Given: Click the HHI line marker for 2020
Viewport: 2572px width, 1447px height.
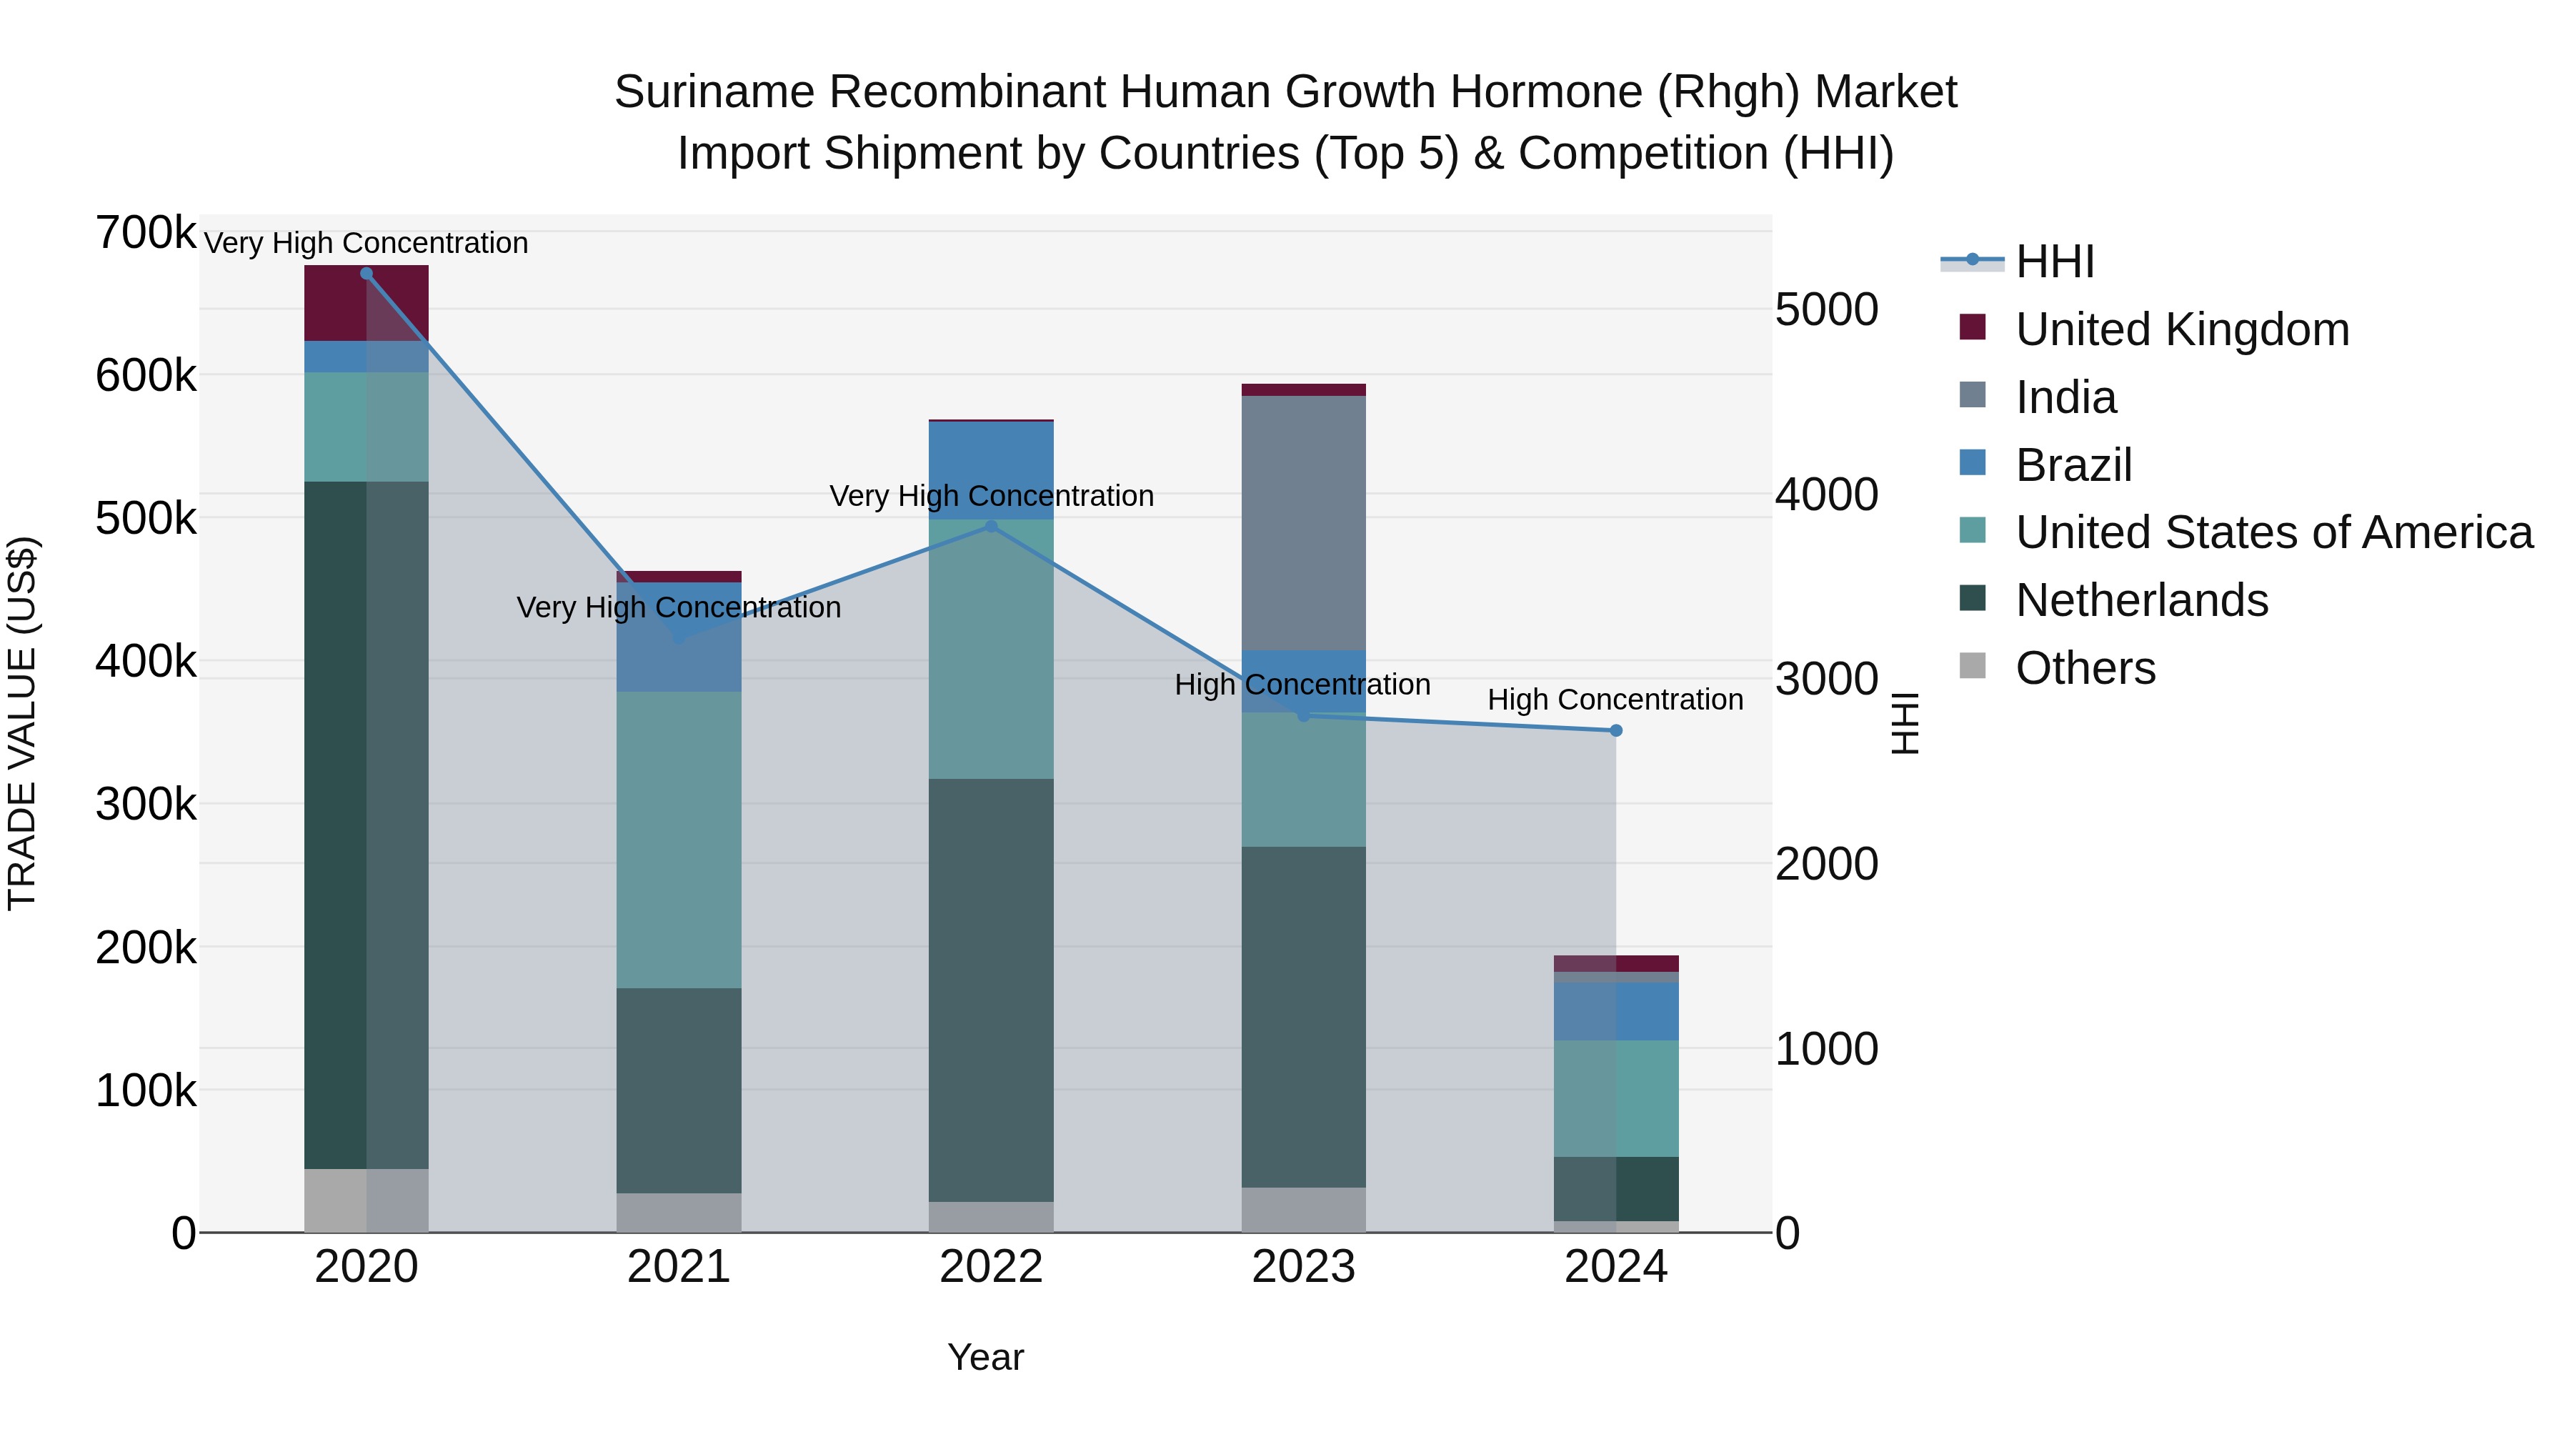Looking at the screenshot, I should coord(367,274).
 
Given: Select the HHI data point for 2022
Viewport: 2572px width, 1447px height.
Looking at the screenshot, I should coord(990,526).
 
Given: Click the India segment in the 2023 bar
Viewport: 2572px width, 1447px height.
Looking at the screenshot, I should coord(1303,523).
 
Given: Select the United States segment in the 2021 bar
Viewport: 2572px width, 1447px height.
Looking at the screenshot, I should coord(678,839).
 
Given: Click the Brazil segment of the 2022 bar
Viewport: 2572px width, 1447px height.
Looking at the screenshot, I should coord(990,469).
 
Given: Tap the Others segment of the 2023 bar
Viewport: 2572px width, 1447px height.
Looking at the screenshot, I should coord(1303,1208).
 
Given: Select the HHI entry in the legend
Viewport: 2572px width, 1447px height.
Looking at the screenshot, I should coord(2054,262).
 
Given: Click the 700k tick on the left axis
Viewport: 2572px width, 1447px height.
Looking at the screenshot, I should coord(146,234).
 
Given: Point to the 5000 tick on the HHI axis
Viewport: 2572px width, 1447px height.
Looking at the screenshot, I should coord(1826,309).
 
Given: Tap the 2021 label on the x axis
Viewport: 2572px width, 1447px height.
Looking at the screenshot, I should coord(678,1267).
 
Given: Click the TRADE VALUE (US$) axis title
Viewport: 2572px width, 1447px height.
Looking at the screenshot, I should coord(23,723).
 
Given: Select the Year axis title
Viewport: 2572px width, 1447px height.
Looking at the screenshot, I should coord(985,1357).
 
